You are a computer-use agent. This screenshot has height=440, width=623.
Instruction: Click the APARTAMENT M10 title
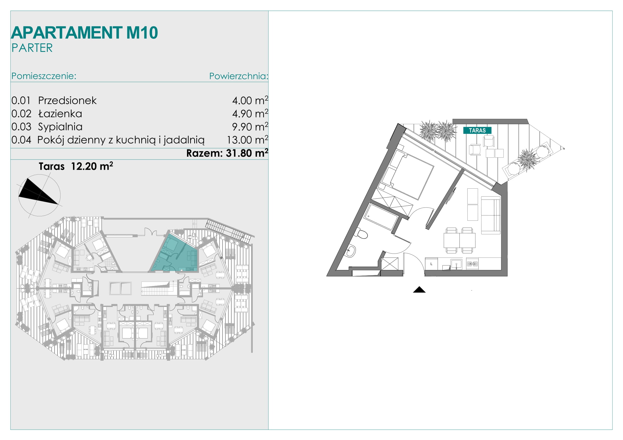point(84,33)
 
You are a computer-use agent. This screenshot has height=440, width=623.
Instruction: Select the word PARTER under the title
point(32,48)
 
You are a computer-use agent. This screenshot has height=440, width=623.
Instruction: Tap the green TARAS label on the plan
point(477,130)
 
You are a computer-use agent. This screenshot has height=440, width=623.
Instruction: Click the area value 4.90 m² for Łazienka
point(250,114)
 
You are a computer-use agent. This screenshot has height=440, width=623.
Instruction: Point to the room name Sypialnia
point(60,127)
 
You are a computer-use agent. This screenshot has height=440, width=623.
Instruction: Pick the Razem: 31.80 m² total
point(227,153)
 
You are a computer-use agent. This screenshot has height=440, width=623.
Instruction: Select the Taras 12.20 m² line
point(76,166)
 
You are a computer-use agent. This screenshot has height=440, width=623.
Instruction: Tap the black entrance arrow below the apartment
point(419,289)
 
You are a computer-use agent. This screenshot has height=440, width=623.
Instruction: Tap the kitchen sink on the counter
point(457,264)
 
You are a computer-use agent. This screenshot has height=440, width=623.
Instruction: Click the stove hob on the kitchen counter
point(473,264)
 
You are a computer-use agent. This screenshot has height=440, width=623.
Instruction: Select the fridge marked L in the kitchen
point(431,264)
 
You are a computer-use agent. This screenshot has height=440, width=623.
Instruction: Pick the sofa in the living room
point(491,215)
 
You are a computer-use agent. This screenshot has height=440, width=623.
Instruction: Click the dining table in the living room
point(460,240)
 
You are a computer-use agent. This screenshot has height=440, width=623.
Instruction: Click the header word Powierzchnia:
point(238,76)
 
